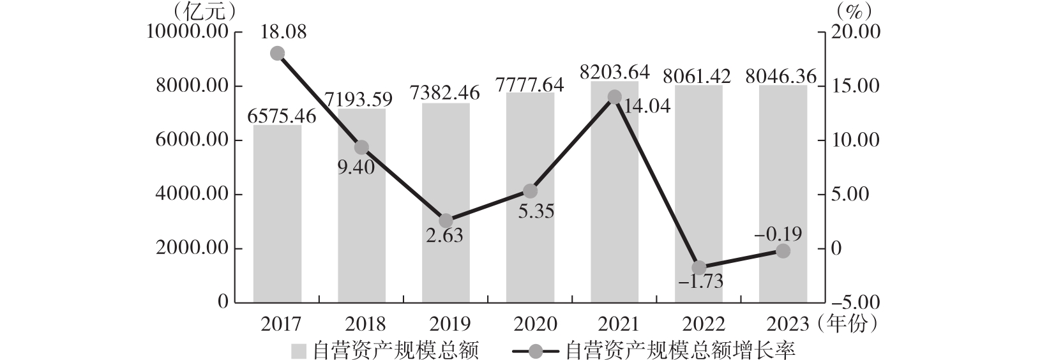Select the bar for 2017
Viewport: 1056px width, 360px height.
(277, 213)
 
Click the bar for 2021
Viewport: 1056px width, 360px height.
(614, 191)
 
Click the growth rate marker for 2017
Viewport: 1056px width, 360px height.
(277, 53)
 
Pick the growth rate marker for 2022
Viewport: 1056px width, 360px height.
(698, 267)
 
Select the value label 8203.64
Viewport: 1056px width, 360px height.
(614, 72)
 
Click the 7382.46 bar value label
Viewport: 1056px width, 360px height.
(446, 94)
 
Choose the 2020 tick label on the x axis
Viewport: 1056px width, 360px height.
(530, 324)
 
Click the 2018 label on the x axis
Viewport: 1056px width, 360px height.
(361, 324)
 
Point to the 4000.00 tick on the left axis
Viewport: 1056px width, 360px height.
(192, 195)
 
